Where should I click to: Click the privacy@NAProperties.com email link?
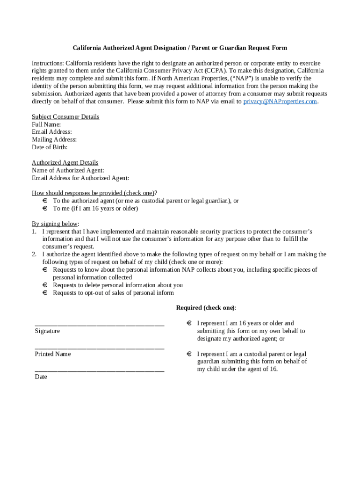coord(280,102)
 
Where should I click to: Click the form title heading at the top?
coord(180,48)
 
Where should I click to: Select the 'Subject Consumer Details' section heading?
coord(65,117)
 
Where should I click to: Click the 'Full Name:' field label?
coord(46,124)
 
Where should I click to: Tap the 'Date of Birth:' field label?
coord(50,147)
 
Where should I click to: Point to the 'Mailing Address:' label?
coord(54,139)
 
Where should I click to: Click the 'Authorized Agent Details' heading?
coord(65,163)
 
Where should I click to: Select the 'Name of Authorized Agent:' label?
coord(68,170)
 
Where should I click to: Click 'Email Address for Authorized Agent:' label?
coord(80,178)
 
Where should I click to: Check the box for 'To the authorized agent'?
coord(45,201)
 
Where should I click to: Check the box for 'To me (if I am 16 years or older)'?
coord(45,209)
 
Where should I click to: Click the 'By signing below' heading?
coord(55,224)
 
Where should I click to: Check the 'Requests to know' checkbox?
coord(45,270)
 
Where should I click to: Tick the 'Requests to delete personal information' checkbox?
coord(45,285)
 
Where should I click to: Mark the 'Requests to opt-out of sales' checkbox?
coord(45,293)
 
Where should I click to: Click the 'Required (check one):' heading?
coord(206,308)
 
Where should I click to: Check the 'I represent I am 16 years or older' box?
coord(189,323)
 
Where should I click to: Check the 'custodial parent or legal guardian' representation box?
coord(189,354)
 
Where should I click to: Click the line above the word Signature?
coord(99,324)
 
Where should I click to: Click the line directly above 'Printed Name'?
coord(99,348)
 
